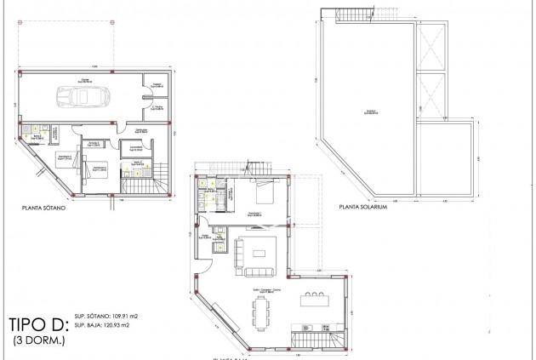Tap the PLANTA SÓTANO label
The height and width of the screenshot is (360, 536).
(49, 206)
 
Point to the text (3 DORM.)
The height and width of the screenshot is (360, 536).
(38, 340)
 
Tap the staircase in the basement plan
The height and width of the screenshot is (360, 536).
(138, 181)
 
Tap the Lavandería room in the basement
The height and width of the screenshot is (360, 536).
(134, 150)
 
